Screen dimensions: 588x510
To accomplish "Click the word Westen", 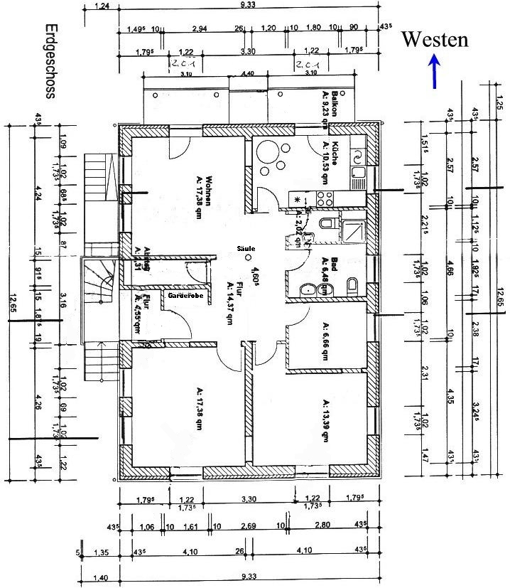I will tap(435, 39).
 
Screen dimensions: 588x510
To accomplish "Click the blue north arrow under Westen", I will tap(435, 73).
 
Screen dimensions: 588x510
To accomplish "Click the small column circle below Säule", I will tap(248, 258).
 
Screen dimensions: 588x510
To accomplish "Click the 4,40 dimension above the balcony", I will tap(247, 73).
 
